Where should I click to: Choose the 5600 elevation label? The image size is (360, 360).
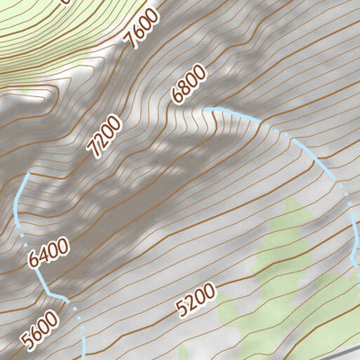pyautogui.click(x=42, y=330)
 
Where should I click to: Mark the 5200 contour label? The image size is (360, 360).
pyautogui.click(x=196, y=301)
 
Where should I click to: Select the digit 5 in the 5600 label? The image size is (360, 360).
pyautogui.click(x=31, y=344)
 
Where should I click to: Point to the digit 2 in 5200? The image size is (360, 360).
pyautogui.click(x=191, y=303)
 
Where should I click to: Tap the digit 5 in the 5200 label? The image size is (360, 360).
pyautogui.click(x=183, y=309)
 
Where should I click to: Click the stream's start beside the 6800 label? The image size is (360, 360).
pyautogui.click(x=206, y=110)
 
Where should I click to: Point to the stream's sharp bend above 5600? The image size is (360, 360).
pyautogui.click(x=65, y=296)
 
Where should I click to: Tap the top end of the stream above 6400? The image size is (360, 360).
pyautogui.click(x=28, y=176)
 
